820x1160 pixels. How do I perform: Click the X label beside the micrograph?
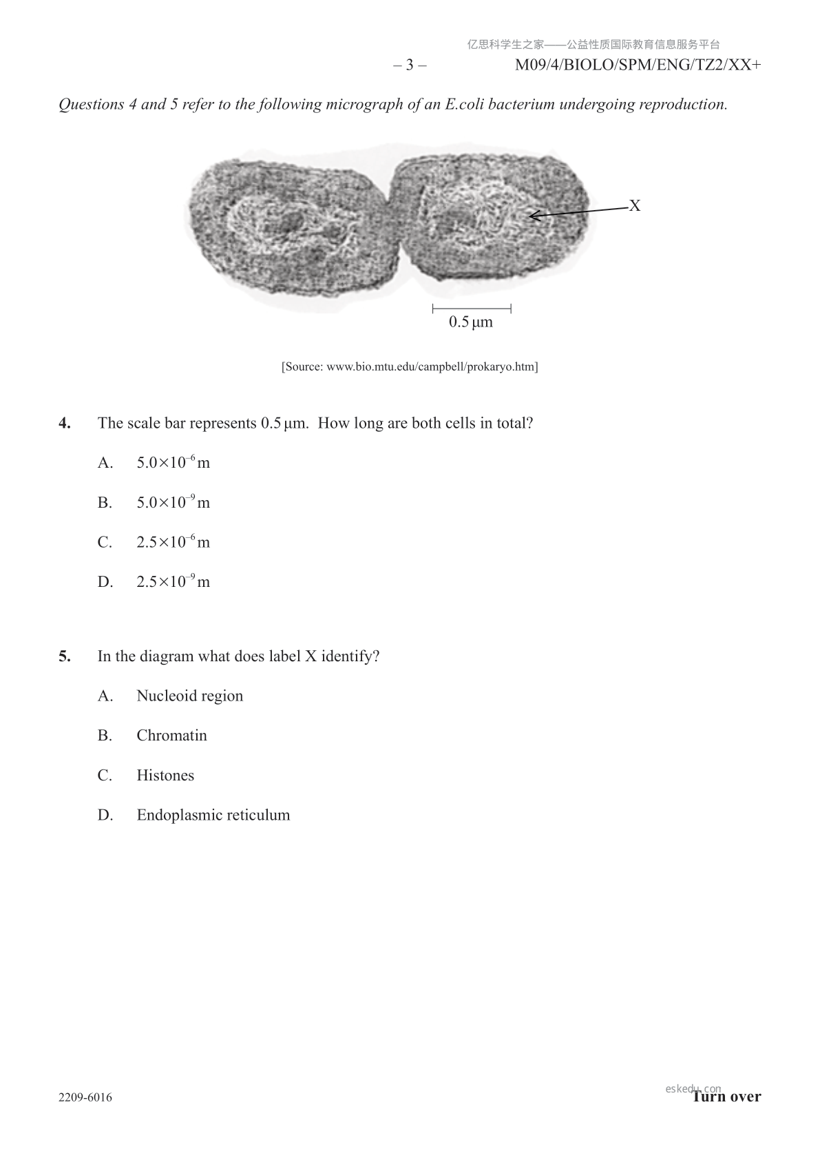pyautogui.click(x=635, y=206)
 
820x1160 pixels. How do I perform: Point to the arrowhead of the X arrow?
pyautogui.click(x=532, y=217)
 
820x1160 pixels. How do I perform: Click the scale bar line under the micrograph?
pyautogui.click(x=472, y=308)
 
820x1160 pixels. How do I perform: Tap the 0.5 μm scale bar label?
pyautogui.click(x=471, y=322)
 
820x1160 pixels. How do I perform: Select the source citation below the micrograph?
pyautogui.click(x=410, y=366)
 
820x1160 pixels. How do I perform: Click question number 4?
pyautogui.click(x=65, y=423)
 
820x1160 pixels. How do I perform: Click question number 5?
pyautogui.click(x=65, y=656)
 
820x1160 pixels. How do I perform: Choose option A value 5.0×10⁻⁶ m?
pyautogui.click(x=173, y=463)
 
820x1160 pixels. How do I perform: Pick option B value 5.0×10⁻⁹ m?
pyautogui.click(x=173, y=503)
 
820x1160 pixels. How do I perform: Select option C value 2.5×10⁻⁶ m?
pyautogui.click(x=173, y=542)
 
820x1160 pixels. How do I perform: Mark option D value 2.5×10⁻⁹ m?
pyautogui.click(x=173, y=582)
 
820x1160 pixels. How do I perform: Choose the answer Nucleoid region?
pyautogui.click(x=190, y=696)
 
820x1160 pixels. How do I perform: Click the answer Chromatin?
pyautogui.click(x=171, y=736)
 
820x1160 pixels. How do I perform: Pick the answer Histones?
pyautogui.click(x=165, y=776)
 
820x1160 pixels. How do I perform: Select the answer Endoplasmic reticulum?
pyautogui.click(x=213, y=816)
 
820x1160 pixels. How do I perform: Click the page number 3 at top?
pyautogui.click(x=410, y=65)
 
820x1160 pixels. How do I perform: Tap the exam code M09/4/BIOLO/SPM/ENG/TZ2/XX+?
pyautogui.click(x=638, y=65)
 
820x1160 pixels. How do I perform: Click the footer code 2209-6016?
pyautogui.click(x=85, y=1097)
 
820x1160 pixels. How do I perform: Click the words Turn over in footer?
pyautogui.click(x=727, y=1097)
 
